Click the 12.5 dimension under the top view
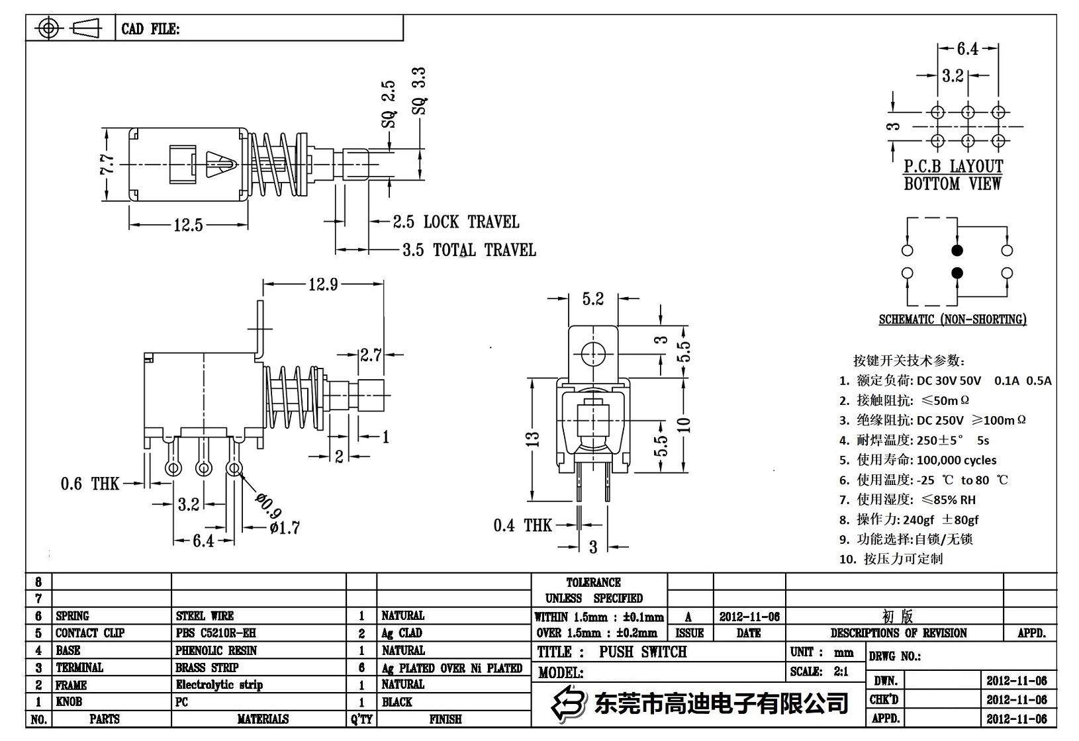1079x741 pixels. [x=188, y=226]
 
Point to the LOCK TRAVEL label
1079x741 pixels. [x=471, y=222]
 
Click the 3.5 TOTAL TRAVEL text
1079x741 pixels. [x=469, y=251]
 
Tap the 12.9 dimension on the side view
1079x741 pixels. [x=323, y=284]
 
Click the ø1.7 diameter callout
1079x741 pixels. [x=285, y=528]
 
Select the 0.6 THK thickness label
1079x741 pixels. [x=90, y=484]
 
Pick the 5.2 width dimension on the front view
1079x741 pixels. [x=593, y=300]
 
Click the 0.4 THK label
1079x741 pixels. [x=522, y=526]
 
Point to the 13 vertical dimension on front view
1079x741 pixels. [x=534, y=439]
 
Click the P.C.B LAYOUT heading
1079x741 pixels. [x=953, y=167]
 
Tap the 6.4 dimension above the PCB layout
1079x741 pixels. [x=967, y=49]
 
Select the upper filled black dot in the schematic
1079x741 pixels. [x=957, y=251]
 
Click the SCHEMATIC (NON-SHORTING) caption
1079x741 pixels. [x=953, y=320]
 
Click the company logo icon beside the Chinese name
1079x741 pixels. [x=569, y=703]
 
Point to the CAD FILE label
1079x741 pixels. [x=150, y=29]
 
